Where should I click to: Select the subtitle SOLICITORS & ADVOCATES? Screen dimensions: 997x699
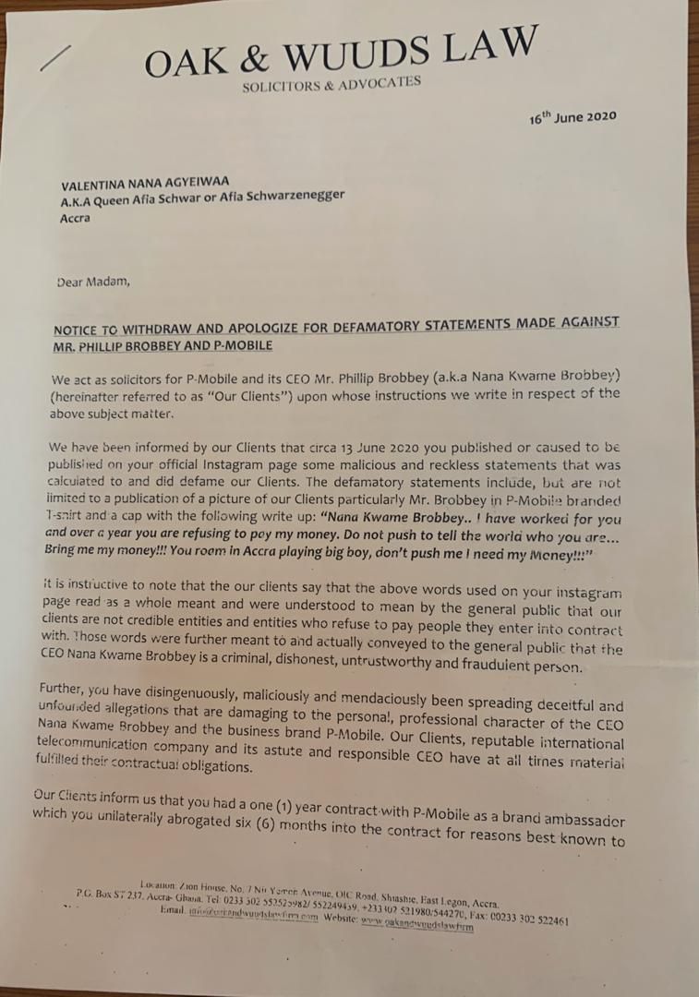[331, 84]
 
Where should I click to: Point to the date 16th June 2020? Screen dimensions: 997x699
[572, 117]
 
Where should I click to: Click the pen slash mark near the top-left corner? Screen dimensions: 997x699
[56, 58]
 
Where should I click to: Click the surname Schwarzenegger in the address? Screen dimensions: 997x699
[296, 195]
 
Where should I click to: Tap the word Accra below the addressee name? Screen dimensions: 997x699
[76, 220]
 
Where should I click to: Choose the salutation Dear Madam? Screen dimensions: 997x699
[93, 282]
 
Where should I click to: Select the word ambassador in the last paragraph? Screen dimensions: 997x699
[575, 820]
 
